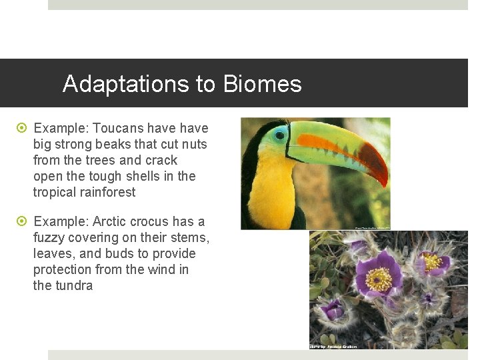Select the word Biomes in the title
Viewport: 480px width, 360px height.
263,84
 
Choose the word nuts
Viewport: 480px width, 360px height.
194,144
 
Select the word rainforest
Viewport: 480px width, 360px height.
103,192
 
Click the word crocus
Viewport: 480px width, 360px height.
149,221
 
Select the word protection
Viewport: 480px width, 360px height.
63,269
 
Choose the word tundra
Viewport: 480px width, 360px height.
74,285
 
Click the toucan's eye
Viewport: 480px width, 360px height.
280,135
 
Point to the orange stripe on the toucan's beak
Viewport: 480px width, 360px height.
327,143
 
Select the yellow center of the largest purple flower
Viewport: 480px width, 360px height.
378,279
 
